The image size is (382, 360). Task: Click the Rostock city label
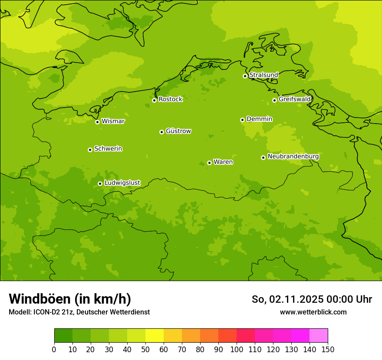(x=170, y=99)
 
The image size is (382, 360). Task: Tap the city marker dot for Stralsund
(x=245, y=76)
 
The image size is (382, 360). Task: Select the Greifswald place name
(x=294, y=99)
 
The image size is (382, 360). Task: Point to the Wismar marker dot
(x=97, y=122)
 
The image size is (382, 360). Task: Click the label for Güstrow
(x=178, y=131)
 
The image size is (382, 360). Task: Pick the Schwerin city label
(x=108, y=149)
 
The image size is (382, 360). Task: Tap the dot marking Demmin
(x=242, y=120)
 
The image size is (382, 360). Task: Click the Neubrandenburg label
(x=293, y=157)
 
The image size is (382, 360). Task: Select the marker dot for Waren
(x=209, y=163)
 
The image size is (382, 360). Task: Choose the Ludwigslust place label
(x=122, y=183)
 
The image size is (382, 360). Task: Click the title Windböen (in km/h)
(x=70, y=299)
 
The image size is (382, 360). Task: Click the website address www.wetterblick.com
(x=313, y=312)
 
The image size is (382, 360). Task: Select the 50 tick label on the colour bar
(x=145, y=349)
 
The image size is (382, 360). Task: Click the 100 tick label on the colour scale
(x=237, y=349)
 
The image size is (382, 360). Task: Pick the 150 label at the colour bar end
(x=328, y=349)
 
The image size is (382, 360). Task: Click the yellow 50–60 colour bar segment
(x=155, y=336)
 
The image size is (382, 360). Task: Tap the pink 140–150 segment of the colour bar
(x=319, y=336)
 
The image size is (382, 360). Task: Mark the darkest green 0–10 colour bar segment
(x=63, y=336)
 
